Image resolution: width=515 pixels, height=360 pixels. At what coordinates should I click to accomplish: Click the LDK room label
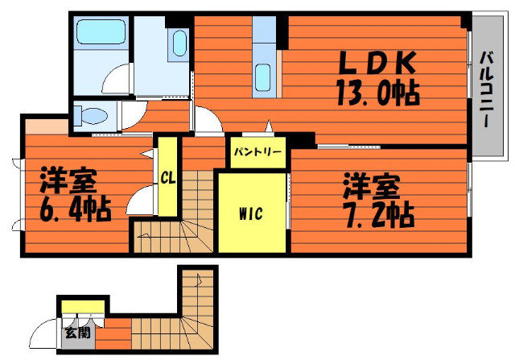click(x=377, y=63)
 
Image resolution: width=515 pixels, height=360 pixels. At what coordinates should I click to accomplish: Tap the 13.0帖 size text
click(x=378, y=93)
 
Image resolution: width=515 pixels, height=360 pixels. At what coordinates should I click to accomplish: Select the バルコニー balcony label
click(x=488, y=89)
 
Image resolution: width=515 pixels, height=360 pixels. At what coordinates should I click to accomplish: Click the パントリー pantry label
click(x=257, y=152)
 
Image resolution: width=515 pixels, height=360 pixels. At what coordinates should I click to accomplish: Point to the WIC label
click(x=251, y=213)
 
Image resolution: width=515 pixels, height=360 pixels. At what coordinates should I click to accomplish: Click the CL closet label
click(x=168, y=179)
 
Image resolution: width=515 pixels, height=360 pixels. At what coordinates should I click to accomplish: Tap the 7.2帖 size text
click(x=377, y=214)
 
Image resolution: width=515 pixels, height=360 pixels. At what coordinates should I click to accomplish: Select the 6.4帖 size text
click(x=76, y=209)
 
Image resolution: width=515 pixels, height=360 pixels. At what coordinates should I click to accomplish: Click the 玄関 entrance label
click(x=77, y=333)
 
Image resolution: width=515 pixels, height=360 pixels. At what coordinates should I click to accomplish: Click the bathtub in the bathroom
click(x=101, y=32)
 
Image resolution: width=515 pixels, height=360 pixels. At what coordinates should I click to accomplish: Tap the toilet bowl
click(x=93, y=116)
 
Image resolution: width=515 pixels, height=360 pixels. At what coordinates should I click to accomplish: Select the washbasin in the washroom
click(x=179, y=43)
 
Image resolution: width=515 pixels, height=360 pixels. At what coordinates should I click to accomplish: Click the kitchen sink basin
click(x=263, y=77)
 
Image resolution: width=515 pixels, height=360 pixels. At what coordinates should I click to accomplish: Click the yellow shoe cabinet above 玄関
click(x=83, y=307)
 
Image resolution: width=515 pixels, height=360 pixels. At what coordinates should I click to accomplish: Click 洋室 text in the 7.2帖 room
click(x=371, y=187)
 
